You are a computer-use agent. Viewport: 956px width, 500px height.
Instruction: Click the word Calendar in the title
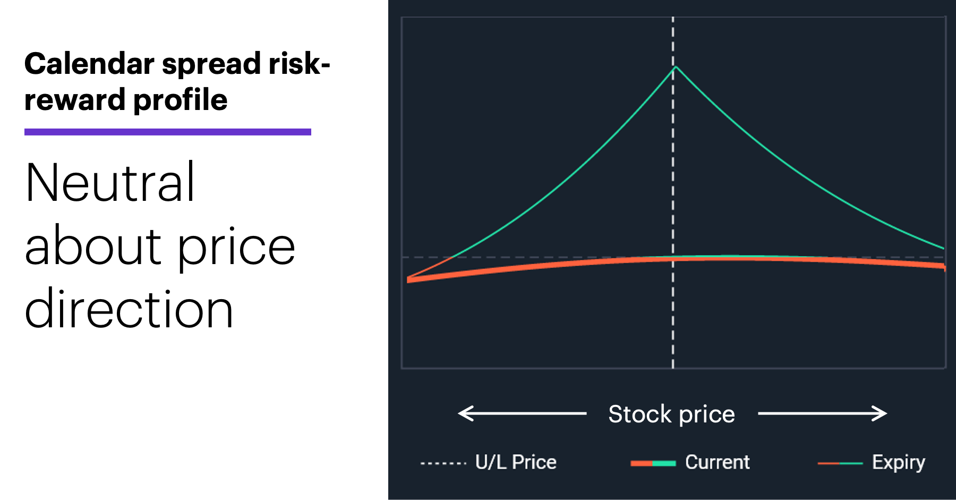point(89,64)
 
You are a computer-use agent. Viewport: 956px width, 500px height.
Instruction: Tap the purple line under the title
point(168,132)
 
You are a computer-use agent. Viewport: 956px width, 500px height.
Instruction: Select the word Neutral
point(110,182)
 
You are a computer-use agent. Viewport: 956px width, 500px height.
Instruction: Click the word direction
point(129,309)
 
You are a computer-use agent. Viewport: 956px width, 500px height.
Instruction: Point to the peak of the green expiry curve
point(676,66)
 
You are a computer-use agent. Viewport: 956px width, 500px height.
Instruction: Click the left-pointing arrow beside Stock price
point(522,413)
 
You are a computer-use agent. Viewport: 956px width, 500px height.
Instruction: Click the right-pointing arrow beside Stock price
point(823,413)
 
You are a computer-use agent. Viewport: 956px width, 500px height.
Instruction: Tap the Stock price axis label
point(672,414)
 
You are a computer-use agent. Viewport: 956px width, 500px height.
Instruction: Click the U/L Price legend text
point(516,462)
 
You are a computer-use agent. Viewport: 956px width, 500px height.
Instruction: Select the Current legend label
point(718,462)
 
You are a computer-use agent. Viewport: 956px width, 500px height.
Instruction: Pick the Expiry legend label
point(899,463)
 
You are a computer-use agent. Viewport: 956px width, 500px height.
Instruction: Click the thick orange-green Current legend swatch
point(653,463)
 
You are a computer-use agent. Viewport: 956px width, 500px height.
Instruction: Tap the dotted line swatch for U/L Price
point(443,463)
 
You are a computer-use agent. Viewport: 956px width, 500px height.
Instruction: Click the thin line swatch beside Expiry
point(840,463)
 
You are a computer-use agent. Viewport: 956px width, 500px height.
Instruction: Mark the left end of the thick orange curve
point(408,279)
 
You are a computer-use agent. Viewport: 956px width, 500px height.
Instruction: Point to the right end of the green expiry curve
point(944,248)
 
